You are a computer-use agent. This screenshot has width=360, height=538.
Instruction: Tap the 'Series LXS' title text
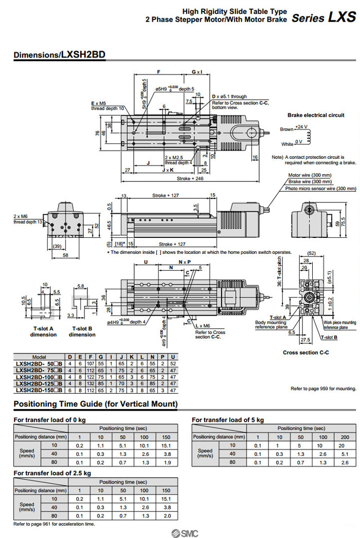[x=323, y=17]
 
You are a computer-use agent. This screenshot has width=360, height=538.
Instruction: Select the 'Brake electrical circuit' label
[x=316, y=115]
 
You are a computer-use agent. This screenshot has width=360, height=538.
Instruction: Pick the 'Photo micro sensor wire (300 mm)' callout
[x=320, y=189]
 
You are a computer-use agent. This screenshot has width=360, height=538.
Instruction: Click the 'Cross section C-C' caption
[x=305, y=353]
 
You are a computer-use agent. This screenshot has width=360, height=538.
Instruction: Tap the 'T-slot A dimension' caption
[x=43, y=331]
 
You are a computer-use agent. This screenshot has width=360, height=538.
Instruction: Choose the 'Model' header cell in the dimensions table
[x=39, y=357]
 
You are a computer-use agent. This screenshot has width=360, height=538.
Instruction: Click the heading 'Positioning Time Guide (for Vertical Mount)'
[x=96, y=404]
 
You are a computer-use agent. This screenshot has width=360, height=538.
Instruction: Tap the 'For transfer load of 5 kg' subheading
[x=227, y=420]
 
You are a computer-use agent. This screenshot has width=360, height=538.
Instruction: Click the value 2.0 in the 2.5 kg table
[x=167, y=515]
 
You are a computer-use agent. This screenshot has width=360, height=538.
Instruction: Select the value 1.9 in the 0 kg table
[x=167, y=462]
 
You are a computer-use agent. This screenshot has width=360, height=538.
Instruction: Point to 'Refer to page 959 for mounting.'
[x=323, y=389]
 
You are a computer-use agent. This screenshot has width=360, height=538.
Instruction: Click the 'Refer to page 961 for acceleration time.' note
[x=54, y=524]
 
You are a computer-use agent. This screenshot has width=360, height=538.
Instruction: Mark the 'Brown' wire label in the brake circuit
[x=286, y=129]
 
